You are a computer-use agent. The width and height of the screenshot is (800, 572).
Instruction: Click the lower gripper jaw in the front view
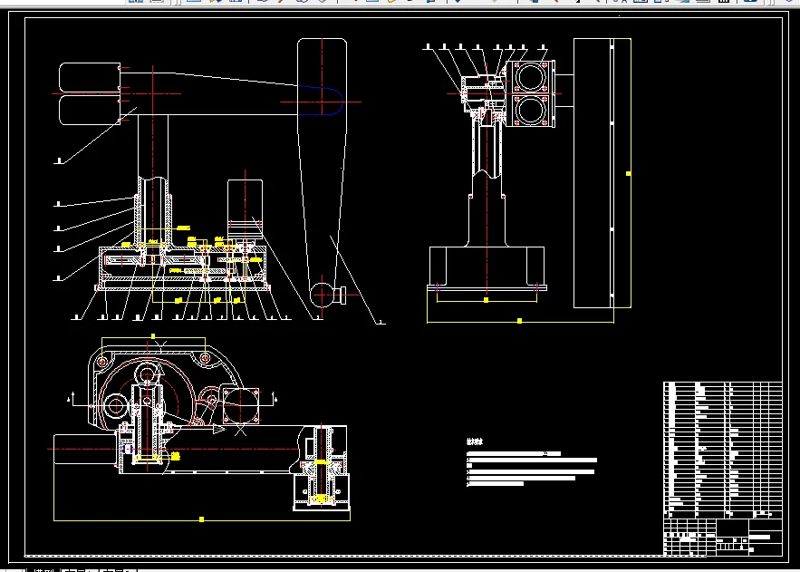point(90,108)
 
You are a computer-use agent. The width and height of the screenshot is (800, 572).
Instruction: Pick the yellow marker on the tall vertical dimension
point(629,172)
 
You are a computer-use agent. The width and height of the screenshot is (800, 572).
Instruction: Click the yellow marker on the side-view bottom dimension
point(519,320)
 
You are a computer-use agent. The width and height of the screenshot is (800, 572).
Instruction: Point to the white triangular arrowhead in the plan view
point(217,431)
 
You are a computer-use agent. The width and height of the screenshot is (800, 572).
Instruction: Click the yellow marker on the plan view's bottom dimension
point(201,519)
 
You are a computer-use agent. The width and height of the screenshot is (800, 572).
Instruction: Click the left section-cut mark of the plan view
point(70,398)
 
